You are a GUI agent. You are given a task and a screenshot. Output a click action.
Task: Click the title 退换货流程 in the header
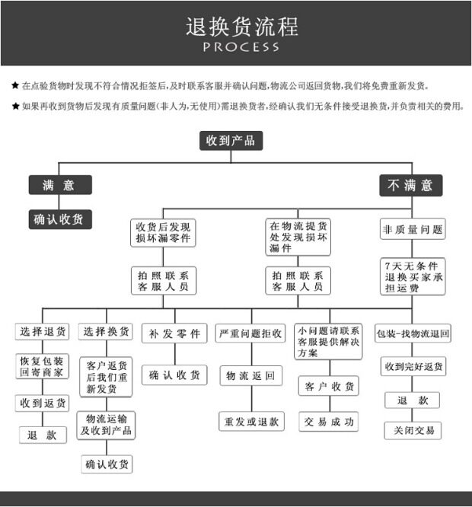click(x=242, y=27)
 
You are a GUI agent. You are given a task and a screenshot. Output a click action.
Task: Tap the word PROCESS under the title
click(x=241, y=47)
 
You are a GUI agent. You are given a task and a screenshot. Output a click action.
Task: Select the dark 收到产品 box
click(x=231, y=140)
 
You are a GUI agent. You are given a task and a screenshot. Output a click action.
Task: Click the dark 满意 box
click(x=60, y=185)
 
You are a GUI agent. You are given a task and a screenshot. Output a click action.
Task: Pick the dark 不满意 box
click(x=410, y=185)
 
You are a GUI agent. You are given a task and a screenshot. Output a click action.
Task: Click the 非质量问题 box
click(x=412, y=228)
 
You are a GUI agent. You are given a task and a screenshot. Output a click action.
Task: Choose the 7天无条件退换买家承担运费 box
click(x=412, y=277)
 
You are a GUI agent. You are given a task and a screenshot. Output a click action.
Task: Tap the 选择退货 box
click(x=42, y=332)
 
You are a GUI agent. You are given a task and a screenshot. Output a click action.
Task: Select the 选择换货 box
click(x=107, y=332)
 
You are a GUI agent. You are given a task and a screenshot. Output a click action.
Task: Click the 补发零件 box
click(x=174, y=333)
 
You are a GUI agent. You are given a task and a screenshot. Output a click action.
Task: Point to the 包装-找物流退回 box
click(x=413, y=333)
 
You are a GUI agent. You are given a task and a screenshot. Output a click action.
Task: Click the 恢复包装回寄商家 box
click(x=42, y=366)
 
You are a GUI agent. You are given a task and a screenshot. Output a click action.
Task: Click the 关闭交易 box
click(x=413, y=430)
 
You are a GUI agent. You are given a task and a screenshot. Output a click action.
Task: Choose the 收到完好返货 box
click(x=413, y=367)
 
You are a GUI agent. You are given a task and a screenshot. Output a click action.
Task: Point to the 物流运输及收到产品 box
click(x=107, y=425)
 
